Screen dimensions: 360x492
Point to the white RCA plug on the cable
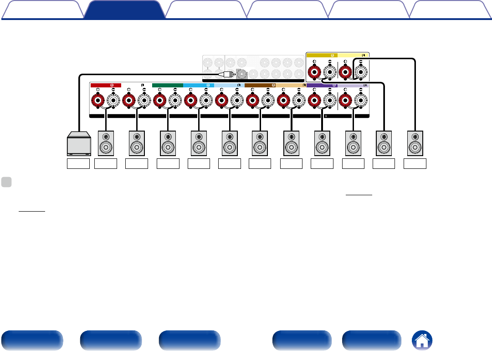click(x=226, y=74)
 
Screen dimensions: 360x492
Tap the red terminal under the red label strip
click(x=97, y=100)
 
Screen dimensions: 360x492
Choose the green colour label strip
click(x=167, y=85)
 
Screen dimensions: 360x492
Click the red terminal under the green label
click(x=159, y=100)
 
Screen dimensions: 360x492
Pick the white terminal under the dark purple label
click(x=328, y=100)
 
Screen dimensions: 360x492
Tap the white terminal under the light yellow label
click(x=360, y=71)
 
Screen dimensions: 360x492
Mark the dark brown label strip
click(x=260, y=85)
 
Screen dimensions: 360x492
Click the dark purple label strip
click(x=322, y=85)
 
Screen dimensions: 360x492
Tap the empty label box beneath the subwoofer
click(x=78, y=164)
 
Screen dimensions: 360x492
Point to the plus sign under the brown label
click(x=252, y=90)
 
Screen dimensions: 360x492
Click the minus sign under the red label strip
click(x=113, y=90)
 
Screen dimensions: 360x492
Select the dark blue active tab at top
click(x=124, y=9)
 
